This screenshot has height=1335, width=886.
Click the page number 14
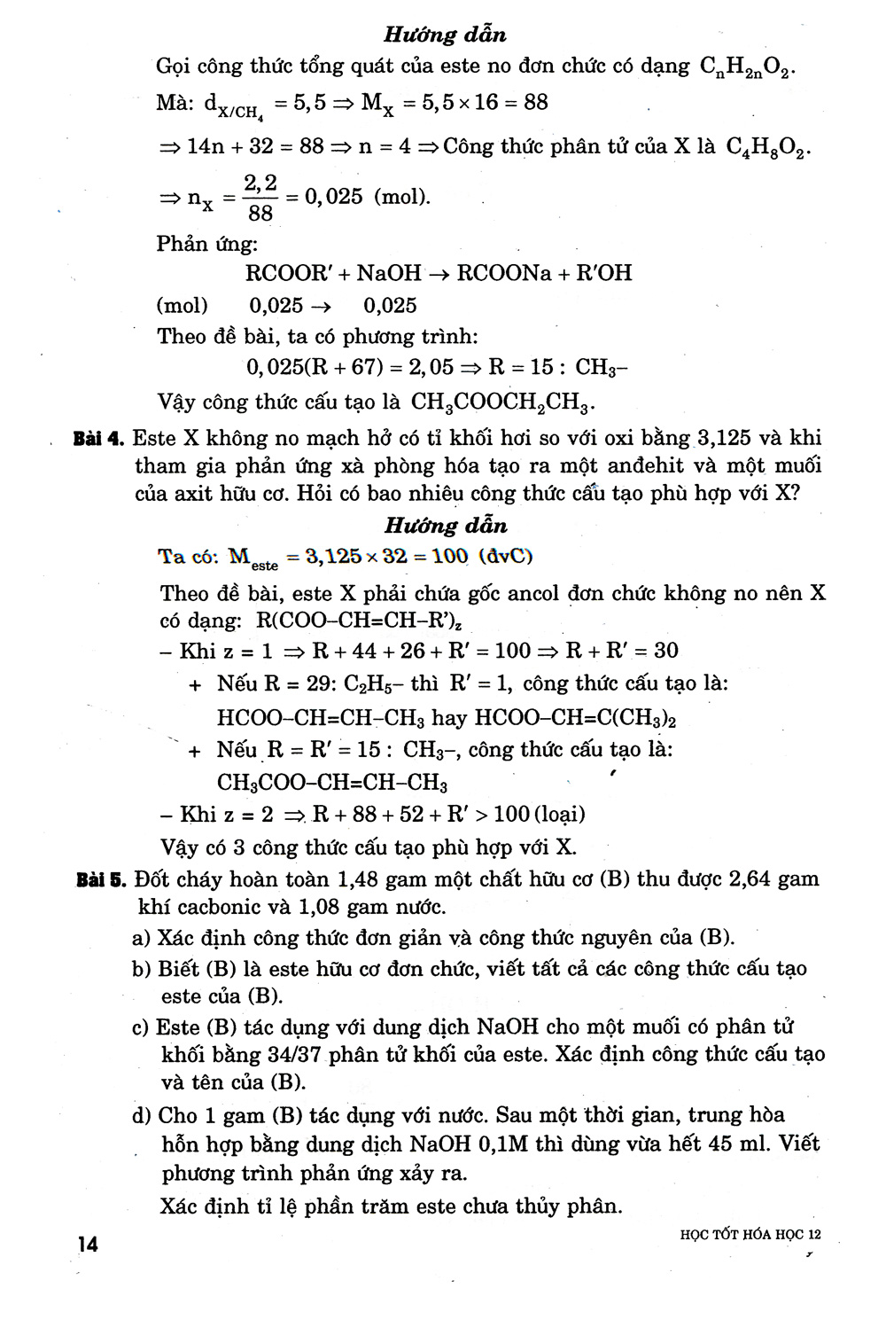point(87,1244)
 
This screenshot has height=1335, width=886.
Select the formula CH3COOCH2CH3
point(501,402)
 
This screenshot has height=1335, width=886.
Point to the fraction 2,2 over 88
point(260,197)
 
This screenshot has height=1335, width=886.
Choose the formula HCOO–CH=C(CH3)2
point(582,717)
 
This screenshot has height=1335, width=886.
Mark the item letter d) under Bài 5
point(143,1115)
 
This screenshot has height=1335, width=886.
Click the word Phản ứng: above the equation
point(206,244)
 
